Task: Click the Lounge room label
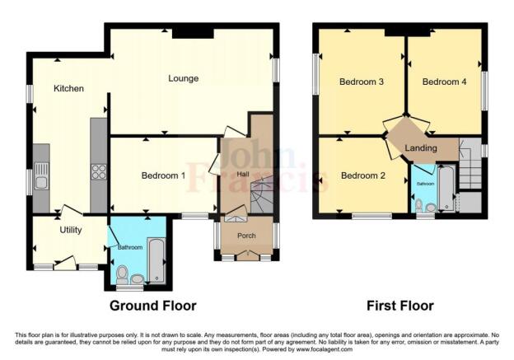click(183, 79)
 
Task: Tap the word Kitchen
click(69, 88)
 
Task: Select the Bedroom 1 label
click(163, 175)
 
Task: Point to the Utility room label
click(70, 231)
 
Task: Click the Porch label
click(246, 236)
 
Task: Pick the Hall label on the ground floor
click(243, 174)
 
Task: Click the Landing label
click(421, 147)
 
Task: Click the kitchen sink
click(40, 182)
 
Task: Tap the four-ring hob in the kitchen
click(98, 172)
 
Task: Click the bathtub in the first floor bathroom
click(445, 189)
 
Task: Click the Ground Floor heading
click(153, 306)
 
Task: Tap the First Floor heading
click(400, 306)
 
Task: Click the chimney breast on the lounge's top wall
click(194, 32)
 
